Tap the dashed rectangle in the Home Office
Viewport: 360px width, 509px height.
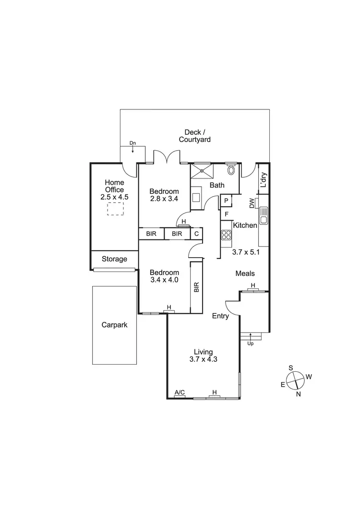pyautogui.click(x=115, y=209)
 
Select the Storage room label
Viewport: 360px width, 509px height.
pyautogui.click(x=114, y=259)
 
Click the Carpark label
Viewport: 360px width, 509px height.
pyautogui.click(x=114, y=325)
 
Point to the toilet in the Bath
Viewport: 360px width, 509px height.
pyautogui.click(x=231, y=169)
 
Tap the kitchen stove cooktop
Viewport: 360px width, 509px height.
pyautogui.click(x=226, y=235)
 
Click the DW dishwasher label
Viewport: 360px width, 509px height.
pyautogui.click(x=252, y=203)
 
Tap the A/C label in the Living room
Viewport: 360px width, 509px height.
pyautogui.click(x=180, y=393)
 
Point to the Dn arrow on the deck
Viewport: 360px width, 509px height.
pyautogui.click(x=133, y=146)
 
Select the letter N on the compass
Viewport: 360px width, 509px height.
pyautogui.click(x=299, y=394)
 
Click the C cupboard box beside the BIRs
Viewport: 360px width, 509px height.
pyautogui.click(x=196, y=234)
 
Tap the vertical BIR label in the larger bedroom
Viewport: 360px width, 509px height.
pyautogui.click(x=196, y=287)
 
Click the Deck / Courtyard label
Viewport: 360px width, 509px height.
pyautogui.click(x=195, y=136)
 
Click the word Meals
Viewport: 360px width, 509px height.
pyautogui.click(x=245, y=273)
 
